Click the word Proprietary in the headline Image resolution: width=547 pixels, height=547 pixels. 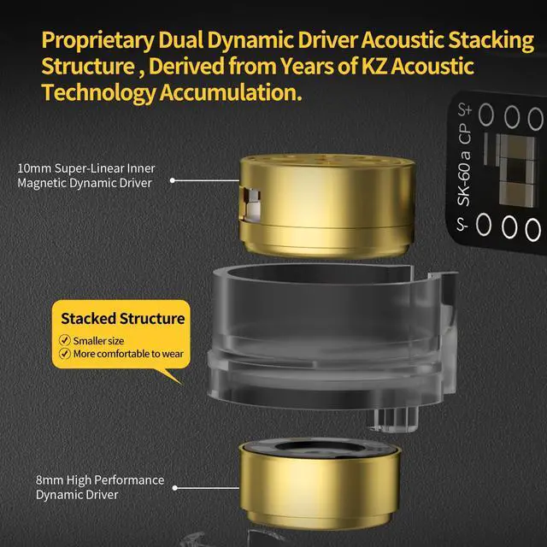point(98,41)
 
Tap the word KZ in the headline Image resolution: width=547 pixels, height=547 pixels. point(374,67)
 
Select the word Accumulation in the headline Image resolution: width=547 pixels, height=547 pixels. point(231,93)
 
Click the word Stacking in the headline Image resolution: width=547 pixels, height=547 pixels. point(491,41)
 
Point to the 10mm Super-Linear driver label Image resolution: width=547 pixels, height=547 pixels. point(86,175)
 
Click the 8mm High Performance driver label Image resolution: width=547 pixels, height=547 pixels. point(100,487)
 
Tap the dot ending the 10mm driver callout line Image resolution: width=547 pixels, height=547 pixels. point(173,180)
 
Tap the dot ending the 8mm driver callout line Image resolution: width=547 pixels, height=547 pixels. point(175,488)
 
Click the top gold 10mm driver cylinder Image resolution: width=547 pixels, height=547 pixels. point(326,206)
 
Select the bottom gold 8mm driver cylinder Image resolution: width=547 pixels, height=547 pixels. point(319,483)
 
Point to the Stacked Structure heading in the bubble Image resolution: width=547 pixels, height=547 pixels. point(123,319)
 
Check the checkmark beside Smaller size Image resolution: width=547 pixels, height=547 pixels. point(65,340)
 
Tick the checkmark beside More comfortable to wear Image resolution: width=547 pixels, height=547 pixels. point(65,353)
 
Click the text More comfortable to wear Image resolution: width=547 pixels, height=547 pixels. point(128,354)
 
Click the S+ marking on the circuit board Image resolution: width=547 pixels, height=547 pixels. point(465,109)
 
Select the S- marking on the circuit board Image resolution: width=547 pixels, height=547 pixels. point(462,225)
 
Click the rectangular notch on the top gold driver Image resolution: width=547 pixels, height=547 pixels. point(250,204)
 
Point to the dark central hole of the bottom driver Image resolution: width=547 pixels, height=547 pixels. point(319,447)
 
